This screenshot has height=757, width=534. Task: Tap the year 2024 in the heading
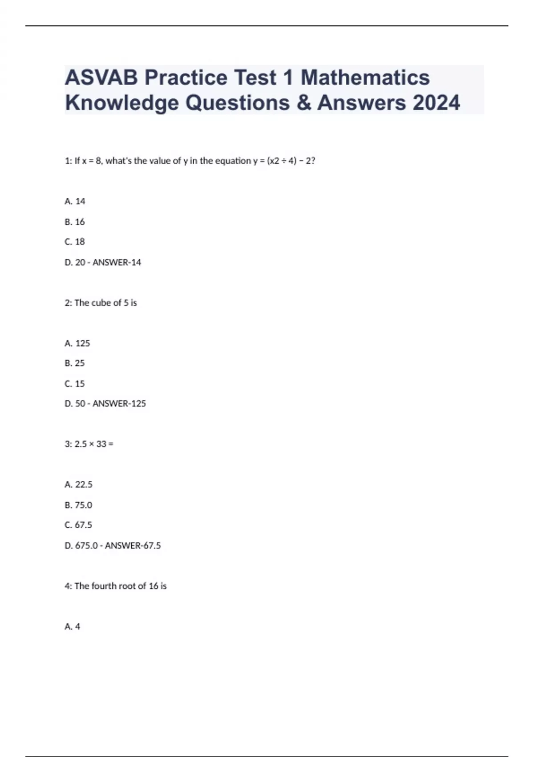436,103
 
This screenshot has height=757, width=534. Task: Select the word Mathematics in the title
365,77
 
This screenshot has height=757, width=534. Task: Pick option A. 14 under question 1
75,201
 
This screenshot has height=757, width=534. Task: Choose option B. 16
75,222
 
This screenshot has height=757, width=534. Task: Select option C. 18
75,242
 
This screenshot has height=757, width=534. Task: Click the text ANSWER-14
117,262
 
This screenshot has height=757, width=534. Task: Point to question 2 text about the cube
101,303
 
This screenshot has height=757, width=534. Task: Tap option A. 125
77,343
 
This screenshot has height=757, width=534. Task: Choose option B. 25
75,363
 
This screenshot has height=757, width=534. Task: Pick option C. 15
75,383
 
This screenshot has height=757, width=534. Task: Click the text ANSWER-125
119,403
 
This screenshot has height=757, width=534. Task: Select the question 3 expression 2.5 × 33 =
89,444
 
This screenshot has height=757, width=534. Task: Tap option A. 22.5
79,484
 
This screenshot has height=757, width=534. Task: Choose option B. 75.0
79,505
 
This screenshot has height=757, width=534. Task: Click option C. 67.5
79,525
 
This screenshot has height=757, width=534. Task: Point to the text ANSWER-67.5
133,545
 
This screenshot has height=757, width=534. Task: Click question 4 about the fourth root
116,586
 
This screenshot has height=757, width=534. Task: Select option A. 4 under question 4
73,627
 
